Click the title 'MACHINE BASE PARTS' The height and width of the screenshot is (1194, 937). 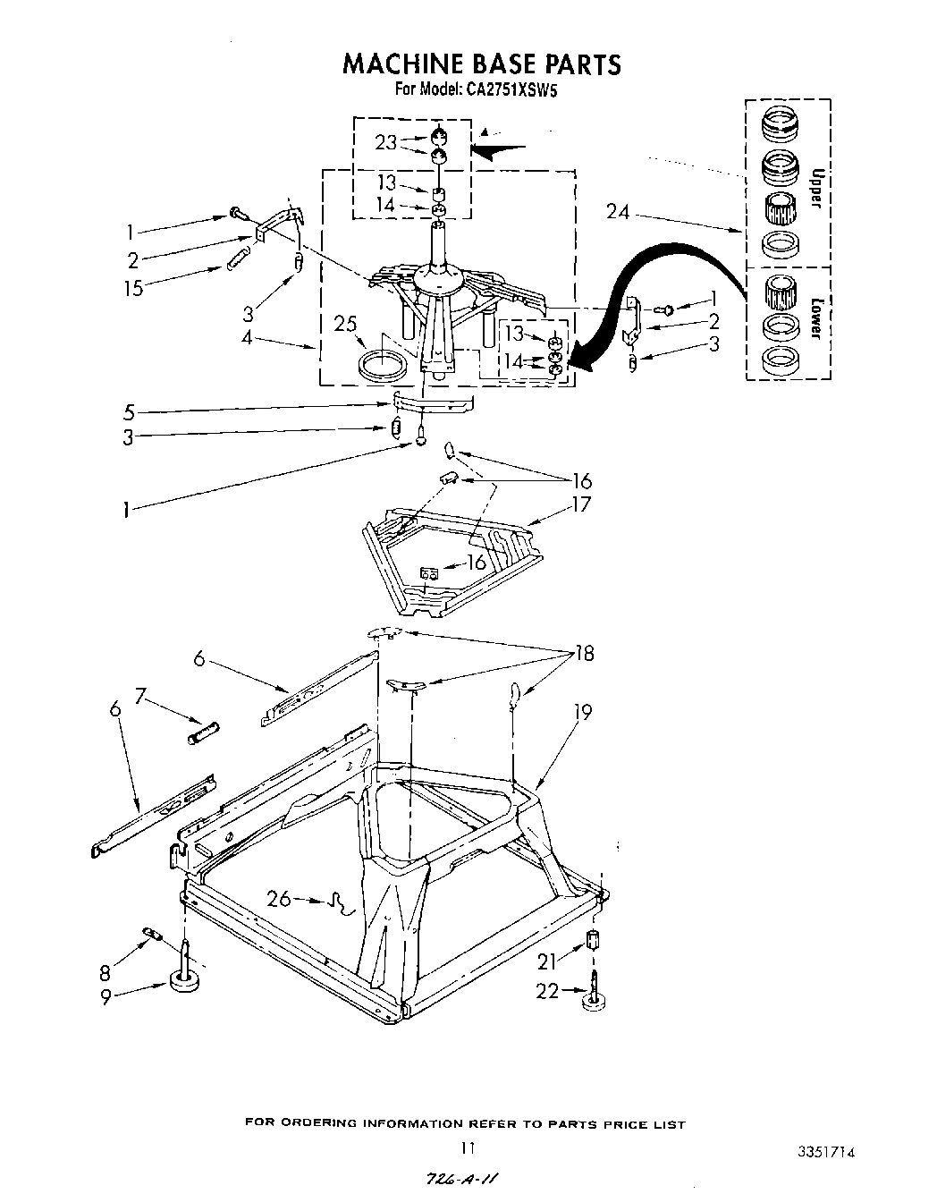(x=482, y=64)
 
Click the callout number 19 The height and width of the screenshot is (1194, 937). (x=582, y=713)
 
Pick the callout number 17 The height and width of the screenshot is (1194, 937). (x=581, y=504)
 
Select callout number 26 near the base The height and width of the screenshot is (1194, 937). (x=279, y=897)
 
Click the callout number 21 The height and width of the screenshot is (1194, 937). (x=546, y=961)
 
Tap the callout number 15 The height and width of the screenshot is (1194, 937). (x=133, y=290)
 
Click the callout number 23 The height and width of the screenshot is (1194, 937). (x=385, y=141)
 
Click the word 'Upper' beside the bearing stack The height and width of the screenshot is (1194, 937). (x=814, y=189)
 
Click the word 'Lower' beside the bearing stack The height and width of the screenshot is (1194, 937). (x=814, y=318)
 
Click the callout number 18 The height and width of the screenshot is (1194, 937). (x=583, y=654)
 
